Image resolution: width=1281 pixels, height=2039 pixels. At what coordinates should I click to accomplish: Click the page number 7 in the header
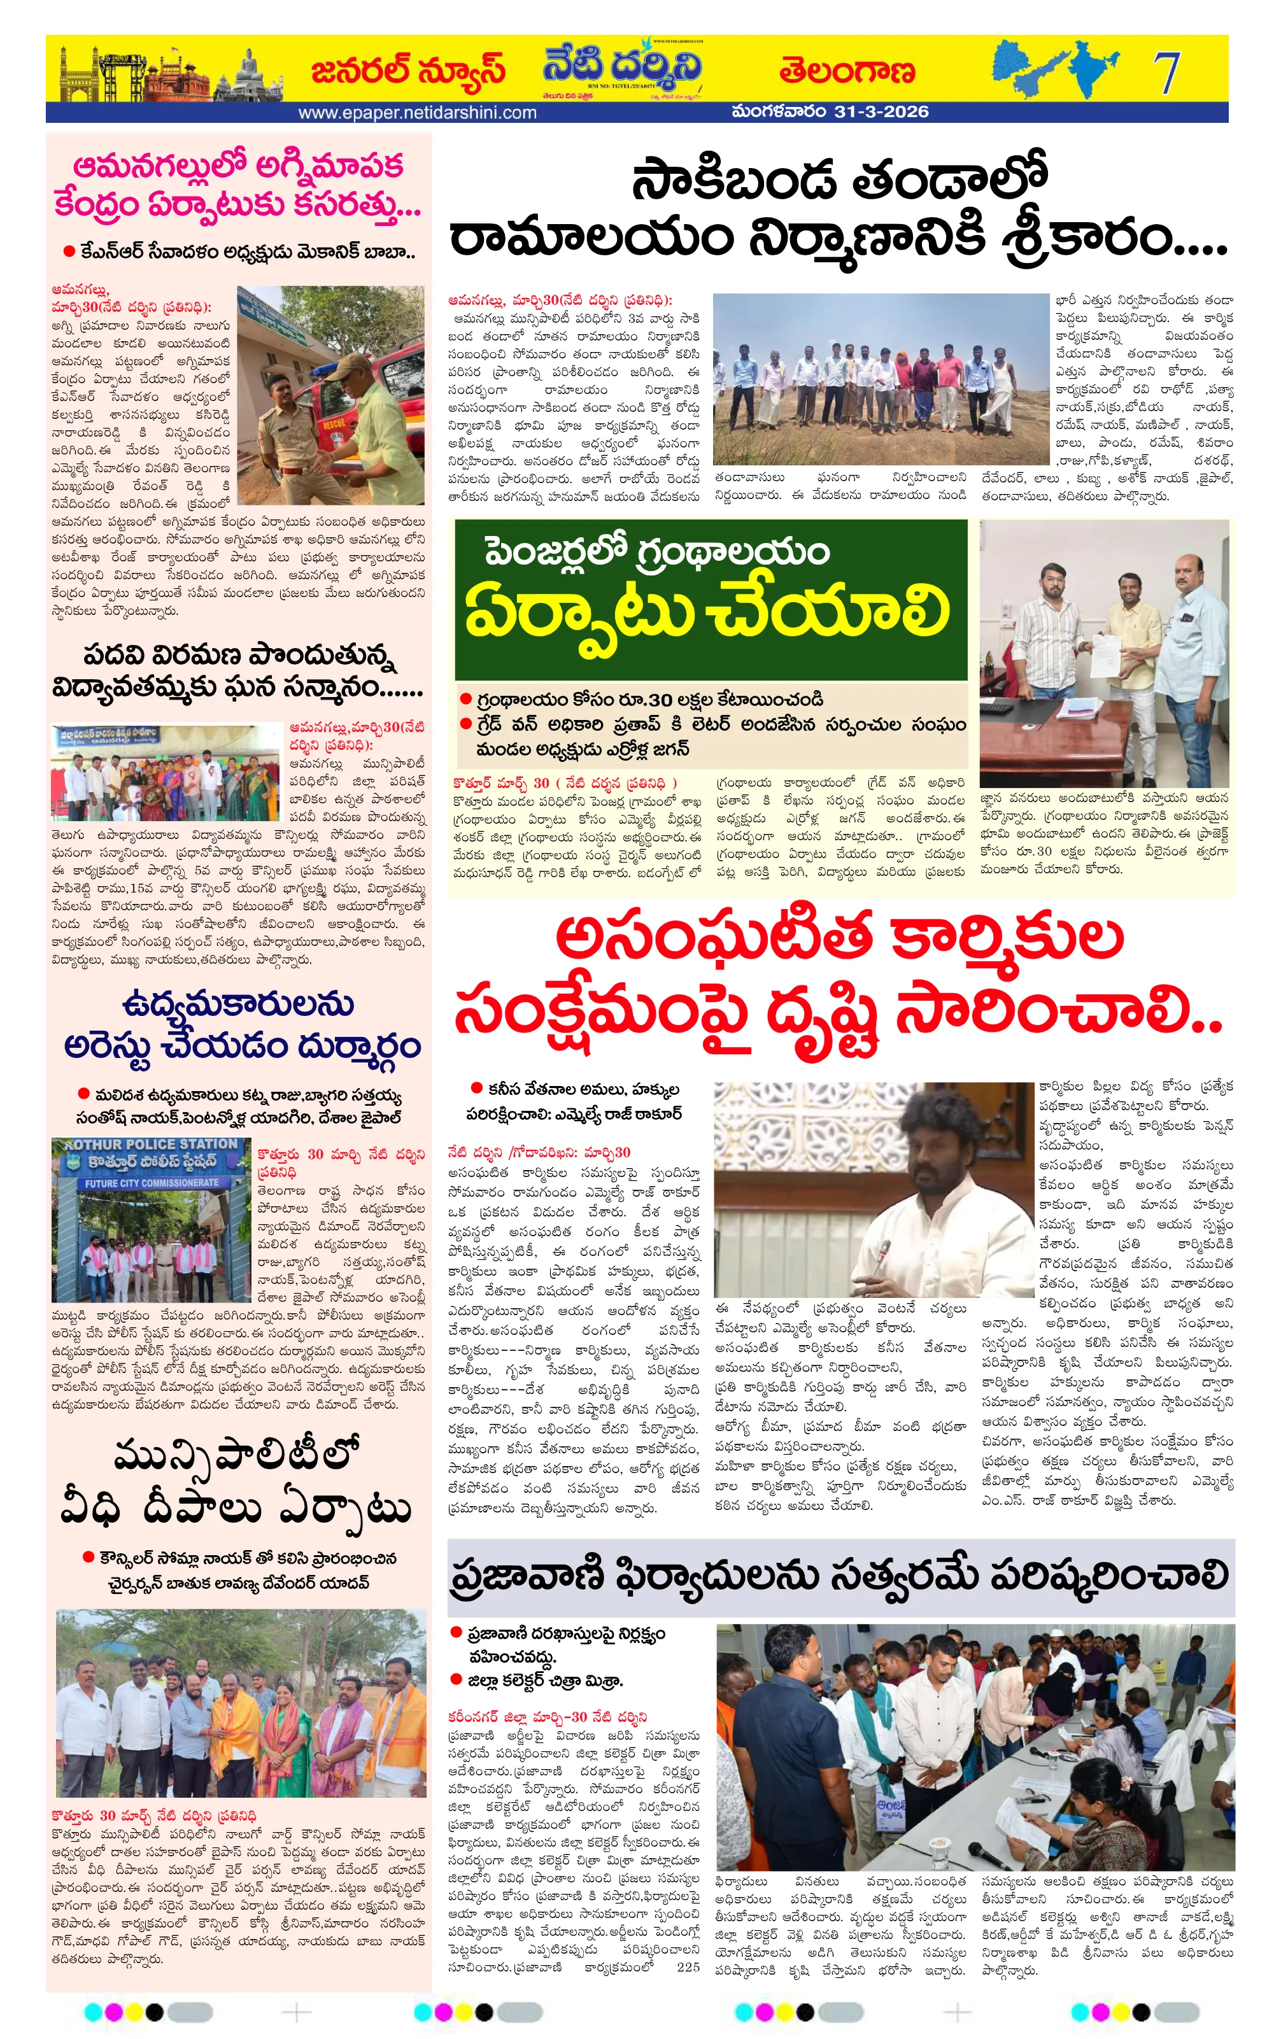point(1166,72)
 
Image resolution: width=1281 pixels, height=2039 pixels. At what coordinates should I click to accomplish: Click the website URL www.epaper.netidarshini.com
point(418,113)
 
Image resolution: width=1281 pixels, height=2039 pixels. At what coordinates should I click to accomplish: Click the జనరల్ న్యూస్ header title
point(408,71)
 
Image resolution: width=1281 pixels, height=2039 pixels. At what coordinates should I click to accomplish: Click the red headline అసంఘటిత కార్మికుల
point(839,940)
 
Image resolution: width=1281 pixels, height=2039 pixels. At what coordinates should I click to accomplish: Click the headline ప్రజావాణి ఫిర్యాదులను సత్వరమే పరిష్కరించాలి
point(839,1577)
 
